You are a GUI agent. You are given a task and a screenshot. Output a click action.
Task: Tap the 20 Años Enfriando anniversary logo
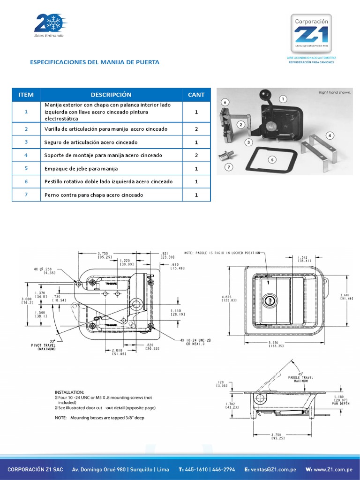pos(49,26)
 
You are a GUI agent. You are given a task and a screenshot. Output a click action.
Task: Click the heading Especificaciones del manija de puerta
pos(95,62)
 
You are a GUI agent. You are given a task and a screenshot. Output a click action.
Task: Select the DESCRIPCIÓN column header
pos(111,95)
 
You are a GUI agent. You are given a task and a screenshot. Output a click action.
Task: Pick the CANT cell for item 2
pos(196,129)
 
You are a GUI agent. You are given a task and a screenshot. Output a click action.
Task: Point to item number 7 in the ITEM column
pos(26,195)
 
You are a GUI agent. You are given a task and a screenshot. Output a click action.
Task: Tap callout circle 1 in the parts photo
pos(283,99)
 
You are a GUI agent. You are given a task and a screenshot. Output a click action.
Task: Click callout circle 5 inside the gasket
pos(272,160)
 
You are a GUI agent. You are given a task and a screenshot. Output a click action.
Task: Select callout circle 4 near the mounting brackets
pos(330,135)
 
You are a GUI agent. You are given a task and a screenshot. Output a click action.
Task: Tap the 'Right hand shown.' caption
pos(335,92)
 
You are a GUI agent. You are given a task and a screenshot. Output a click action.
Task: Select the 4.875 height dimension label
pos(229,298)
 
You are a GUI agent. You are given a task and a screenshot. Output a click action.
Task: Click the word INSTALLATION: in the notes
pos(69,391)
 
